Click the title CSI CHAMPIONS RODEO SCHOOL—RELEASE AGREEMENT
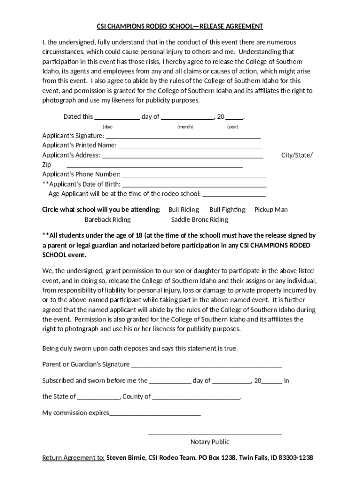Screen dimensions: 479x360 [x=180, y=26]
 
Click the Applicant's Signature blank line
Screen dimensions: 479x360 [x=183, y=138]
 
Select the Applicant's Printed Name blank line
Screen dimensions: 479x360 [x=189, y=147]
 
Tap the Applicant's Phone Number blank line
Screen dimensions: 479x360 [x=194, y=177]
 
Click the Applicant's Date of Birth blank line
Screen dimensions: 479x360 [x=194, y=186]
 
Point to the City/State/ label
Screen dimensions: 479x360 [x=297, y=155]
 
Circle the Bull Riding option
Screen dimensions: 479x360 [x=183, y=210]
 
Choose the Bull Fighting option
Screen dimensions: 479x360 [x=227, y=210]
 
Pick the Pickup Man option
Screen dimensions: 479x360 [x=271, y=210]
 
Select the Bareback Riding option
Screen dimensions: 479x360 [x=108, y=219]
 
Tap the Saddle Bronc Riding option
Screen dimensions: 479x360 [x=200, y=219]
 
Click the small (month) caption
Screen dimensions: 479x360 [x=185, y=127]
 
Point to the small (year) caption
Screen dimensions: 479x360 [x=233, y=127]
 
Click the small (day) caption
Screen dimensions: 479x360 [x=108, y=127]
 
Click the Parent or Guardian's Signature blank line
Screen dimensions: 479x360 [x=207, y=367]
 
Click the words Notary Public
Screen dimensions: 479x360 [x=210, y=442]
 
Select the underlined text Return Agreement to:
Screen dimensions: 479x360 [x=73, y=457]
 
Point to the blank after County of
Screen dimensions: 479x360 [x=196, y=399]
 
